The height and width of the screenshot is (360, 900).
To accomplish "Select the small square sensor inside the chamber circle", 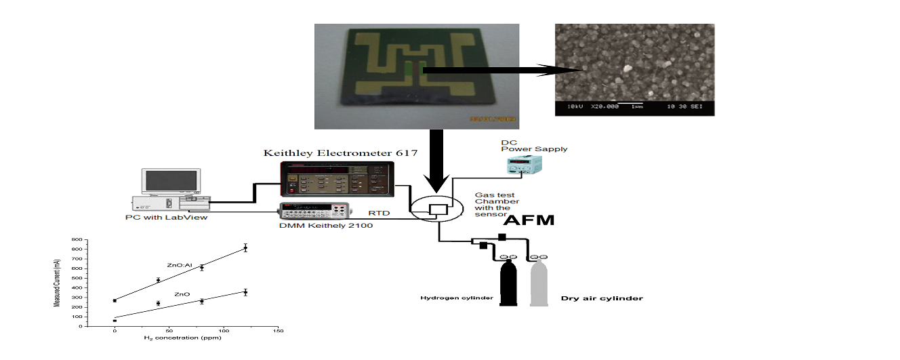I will coord(440,209).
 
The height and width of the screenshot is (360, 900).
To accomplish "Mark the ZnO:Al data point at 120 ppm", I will coord(245,248).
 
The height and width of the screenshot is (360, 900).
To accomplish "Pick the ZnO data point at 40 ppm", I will coord(158,303).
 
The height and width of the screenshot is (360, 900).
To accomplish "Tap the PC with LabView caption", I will coord(167,217).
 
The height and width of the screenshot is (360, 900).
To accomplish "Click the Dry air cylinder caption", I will coord(602,298).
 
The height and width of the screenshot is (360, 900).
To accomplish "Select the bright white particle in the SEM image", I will coord(626,68).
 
